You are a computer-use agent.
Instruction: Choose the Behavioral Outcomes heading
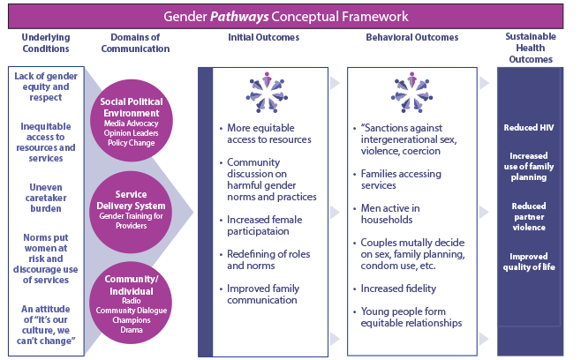coord(411,38)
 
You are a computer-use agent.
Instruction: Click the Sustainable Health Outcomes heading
coord(530,49)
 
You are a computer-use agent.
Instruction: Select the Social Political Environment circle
coord(131,121)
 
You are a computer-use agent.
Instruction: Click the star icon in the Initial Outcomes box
coord(263,91)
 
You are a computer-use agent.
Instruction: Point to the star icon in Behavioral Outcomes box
coord(411,91)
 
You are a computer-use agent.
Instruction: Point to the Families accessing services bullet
coord(411,180)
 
